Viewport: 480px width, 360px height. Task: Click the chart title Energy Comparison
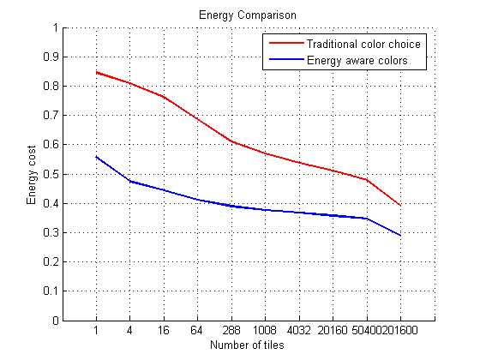point(240,15)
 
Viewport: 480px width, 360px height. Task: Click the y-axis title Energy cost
point(32,175)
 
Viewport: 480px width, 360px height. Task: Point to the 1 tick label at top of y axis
point(54,27)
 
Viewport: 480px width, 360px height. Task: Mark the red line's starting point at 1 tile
point(96,72)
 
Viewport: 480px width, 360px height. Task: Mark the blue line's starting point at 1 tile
point(96,157)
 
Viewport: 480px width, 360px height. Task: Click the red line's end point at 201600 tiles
point(400,206)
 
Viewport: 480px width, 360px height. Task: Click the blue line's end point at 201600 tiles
point(400,236)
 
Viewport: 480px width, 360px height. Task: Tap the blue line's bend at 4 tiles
point(130,181)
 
